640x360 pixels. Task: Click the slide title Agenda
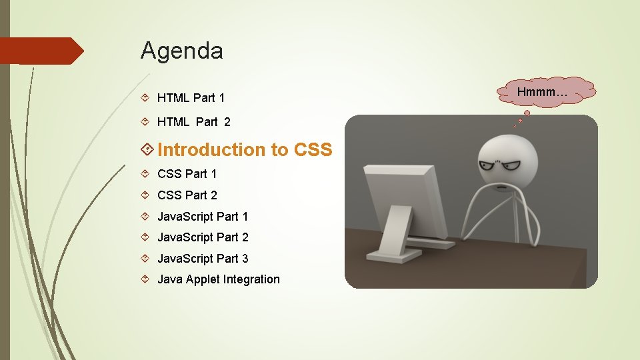pos(181,51)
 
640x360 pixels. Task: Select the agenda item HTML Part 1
pos(191,98)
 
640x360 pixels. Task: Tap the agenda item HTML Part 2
pos(193,122)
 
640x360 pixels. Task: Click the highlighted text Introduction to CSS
pos(244,150)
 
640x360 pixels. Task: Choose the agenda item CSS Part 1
pos(187,174)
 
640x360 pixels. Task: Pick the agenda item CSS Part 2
pos(187,195)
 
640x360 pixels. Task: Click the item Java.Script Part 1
pos(202,217)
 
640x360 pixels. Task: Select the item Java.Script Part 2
pos(202,237)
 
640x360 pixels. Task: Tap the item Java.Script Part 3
pos(202,259)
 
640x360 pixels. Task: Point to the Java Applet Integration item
pos(218,279)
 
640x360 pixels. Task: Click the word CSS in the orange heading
pos(312,150)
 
